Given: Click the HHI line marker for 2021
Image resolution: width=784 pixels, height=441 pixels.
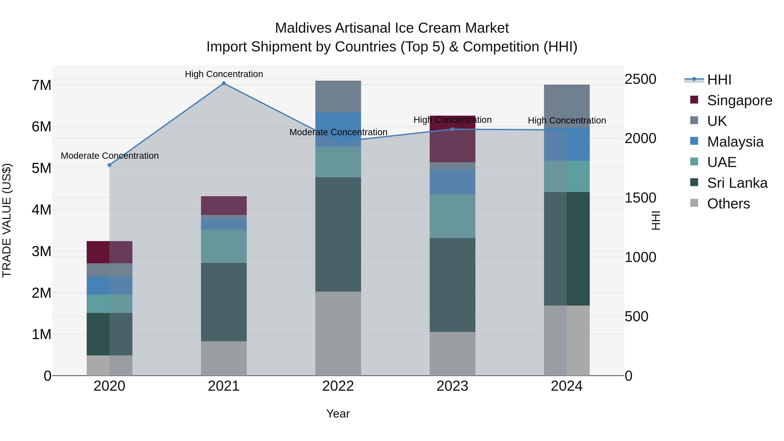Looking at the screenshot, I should (x=224, y=83).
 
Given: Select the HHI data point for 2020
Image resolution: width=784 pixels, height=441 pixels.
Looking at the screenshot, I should (x=110, y=165).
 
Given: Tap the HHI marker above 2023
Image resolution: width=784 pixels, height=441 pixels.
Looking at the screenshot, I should (x=452, y=129).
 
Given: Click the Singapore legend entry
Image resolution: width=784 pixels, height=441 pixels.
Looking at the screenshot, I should (x=739, y=100).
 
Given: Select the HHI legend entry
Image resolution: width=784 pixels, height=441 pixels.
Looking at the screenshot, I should (x=719, y=80).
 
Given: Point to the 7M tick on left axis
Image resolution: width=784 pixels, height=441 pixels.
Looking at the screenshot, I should (x=41, y=85).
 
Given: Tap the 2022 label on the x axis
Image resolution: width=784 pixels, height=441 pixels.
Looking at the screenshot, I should (x=338, y=386).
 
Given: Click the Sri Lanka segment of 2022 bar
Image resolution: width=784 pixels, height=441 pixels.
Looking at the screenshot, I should (x=338, y=234).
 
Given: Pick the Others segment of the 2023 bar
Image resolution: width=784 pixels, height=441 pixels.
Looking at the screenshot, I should (x=452, y=354).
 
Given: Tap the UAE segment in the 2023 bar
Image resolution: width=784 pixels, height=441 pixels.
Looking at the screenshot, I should (x=452, y=216).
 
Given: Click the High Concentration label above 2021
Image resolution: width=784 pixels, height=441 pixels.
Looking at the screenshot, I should (x=224, y=74).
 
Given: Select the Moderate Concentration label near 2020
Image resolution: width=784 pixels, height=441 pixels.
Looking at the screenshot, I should (x=110, y=155).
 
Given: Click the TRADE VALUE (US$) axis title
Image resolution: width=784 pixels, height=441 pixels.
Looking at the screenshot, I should (x=7, y=220).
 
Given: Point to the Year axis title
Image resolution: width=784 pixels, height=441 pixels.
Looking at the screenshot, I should (x=338, y=414).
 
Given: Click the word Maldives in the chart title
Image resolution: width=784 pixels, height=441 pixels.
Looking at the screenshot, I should (x=303, y=28).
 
